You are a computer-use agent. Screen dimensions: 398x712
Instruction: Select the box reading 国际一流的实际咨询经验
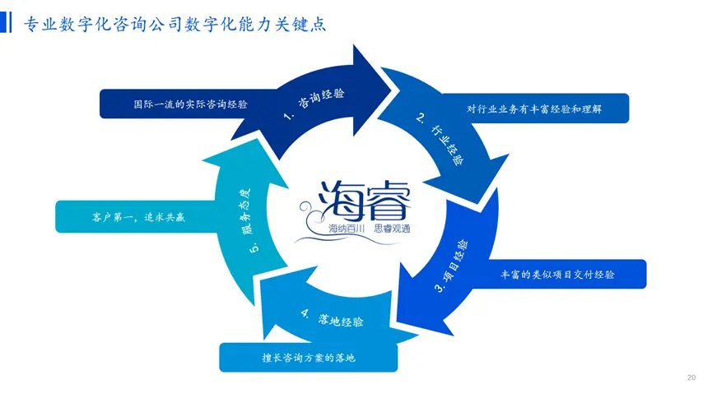pyautogui.click(x=190, y=104)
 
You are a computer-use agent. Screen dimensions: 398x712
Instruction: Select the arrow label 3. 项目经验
pyautogui.click(x=452, y=265)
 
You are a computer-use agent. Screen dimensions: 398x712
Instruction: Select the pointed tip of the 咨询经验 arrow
pyautogui.click(x=389, y=80)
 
